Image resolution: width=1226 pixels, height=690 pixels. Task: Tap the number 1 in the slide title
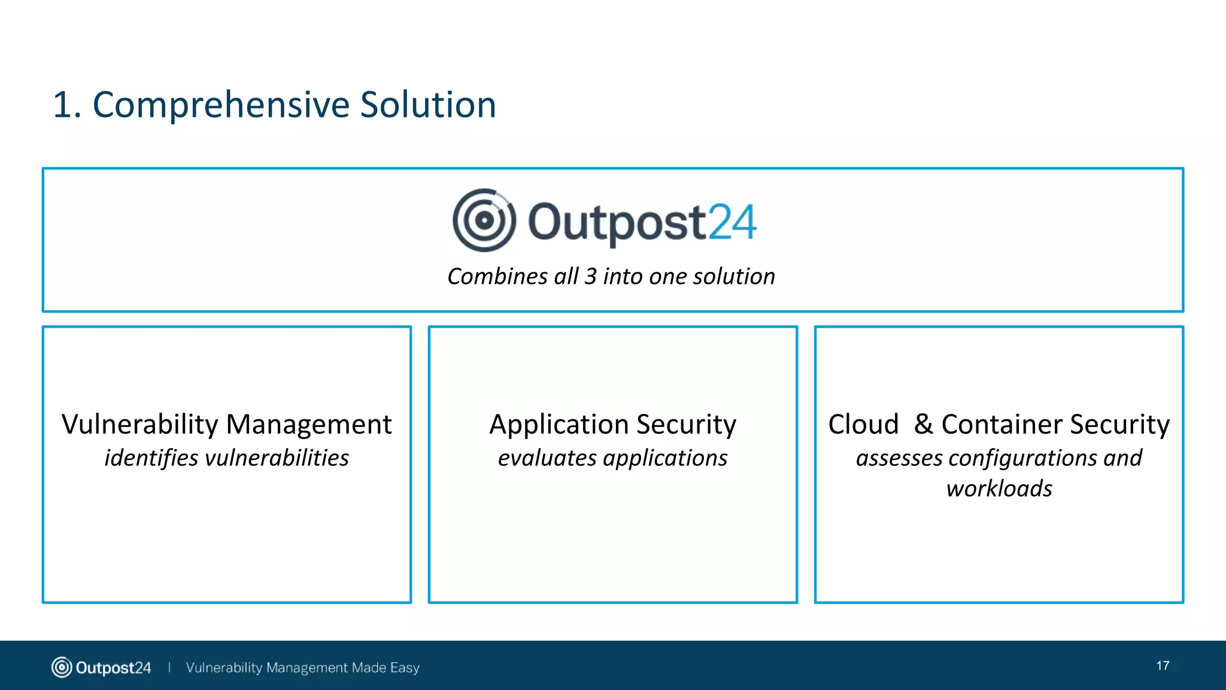[63, 105]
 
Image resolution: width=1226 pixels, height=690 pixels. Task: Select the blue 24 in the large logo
[732, 222]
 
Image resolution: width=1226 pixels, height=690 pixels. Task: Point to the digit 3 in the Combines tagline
[590, 277]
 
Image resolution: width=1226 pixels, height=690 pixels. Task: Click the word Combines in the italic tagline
[497, 277]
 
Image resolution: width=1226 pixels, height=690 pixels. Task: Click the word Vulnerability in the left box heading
[139, 425]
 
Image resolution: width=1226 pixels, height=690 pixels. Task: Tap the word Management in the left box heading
[309, 425]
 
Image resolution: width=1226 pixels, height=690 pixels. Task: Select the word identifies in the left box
[151, 458]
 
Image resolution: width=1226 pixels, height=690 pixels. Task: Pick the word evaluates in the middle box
[547, 458]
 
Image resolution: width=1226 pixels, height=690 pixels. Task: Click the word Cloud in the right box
[863, 425]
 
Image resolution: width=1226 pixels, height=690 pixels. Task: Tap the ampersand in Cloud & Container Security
[923, 424]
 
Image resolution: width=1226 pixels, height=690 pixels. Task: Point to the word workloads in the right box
[999, 489]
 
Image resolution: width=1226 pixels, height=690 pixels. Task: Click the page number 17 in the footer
[1163, 666]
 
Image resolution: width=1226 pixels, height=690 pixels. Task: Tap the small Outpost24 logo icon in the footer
[61, 667]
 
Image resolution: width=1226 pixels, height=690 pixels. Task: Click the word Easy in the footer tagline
[405, 668]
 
